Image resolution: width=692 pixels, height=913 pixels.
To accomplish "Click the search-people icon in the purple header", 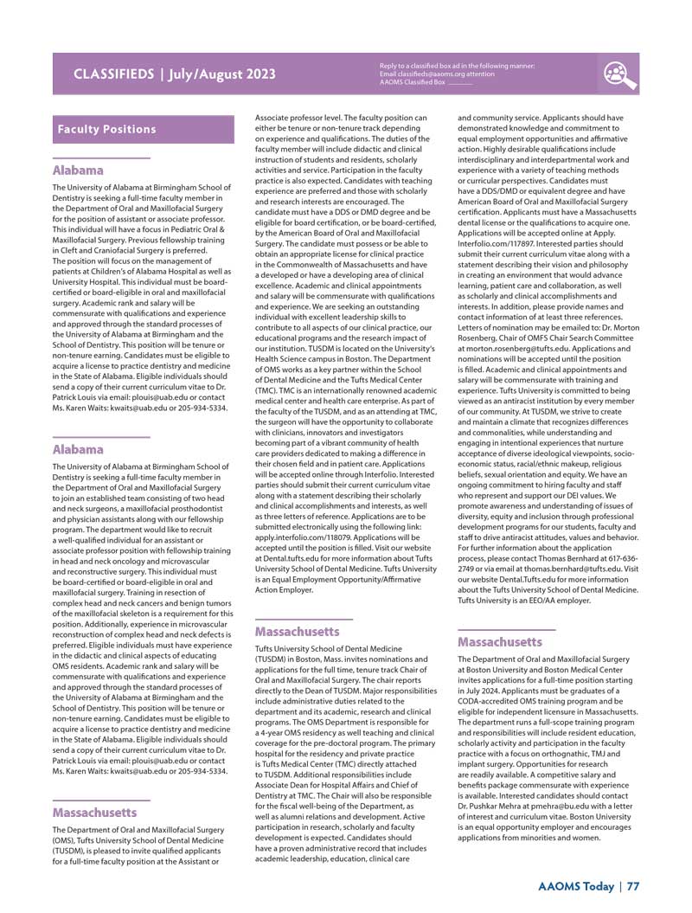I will point(620,74).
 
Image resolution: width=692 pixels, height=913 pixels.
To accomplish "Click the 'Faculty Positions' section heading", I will point(106,129).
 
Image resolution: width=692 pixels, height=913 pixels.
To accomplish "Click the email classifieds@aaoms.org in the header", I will point(423,74).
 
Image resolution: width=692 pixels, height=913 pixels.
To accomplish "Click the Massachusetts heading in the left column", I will point(94,813).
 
